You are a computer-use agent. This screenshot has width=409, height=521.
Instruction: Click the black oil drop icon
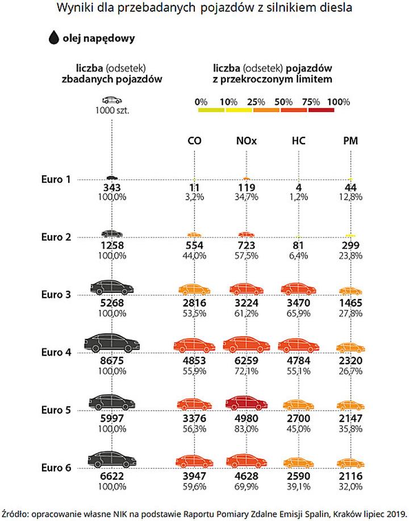54,38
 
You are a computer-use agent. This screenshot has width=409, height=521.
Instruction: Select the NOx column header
246,141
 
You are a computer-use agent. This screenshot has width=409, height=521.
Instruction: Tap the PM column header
350,141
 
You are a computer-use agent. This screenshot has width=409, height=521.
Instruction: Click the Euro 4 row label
56,352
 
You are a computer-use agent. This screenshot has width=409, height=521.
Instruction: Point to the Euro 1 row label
56,179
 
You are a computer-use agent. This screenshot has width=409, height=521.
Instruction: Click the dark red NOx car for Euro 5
246,403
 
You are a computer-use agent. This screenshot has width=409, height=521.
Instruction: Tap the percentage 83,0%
246,428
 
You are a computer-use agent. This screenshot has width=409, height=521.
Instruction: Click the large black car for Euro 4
112,342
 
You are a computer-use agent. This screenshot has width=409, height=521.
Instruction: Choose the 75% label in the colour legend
311,102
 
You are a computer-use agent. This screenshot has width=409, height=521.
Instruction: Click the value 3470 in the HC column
298,303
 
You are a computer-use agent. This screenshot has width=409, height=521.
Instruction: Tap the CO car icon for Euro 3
194,289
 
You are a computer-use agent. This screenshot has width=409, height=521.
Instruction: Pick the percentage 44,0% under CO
194,255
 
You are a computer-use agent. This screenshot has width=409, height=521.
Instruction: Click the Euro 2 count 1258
112,245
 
